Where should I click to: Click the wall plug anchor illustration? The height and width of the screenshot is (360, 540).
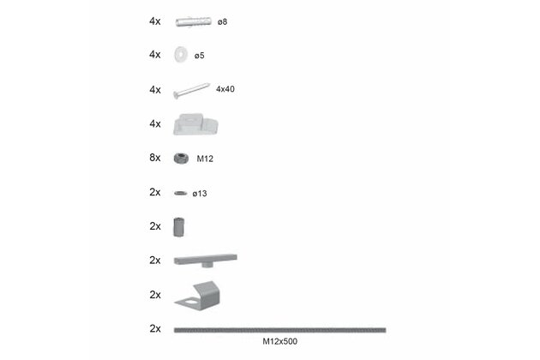coord(193,21)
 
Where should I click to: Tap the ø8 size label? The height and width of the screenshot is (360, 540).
coord(223,22)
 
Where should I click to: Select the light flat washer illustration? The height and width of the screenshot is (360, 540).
coord(181,55)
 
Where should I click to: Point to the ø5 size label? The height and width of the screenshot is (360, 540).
coord(200,56)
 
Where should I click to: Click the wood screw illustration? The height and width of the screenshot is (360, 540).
coord(191,91)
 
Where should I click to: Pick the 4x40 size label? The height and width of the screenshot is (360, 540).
coord(225,89)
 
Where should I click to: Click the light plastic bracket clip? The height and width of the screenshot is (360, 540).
coord(195,124)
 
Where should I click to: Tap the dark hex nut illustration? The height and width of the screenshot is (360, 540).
coord(181,159)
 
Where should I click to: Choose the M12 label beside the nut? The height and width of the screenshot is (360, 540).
coord(205,159)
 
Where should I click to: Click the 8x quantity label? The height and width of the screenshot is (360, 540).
coord(155,158)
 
